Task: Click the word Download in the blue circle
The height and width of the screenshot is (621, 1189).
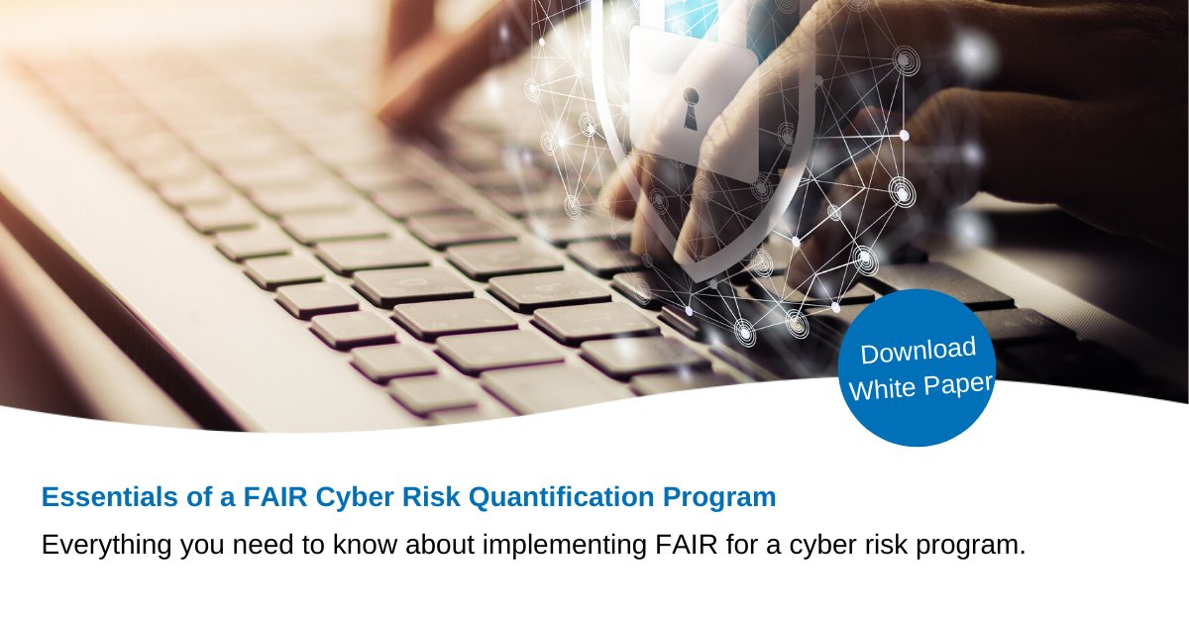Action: click(x=919, y=352)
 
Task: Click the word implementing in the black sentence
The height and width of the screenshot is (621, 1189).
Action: click(x=547, y=545)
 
